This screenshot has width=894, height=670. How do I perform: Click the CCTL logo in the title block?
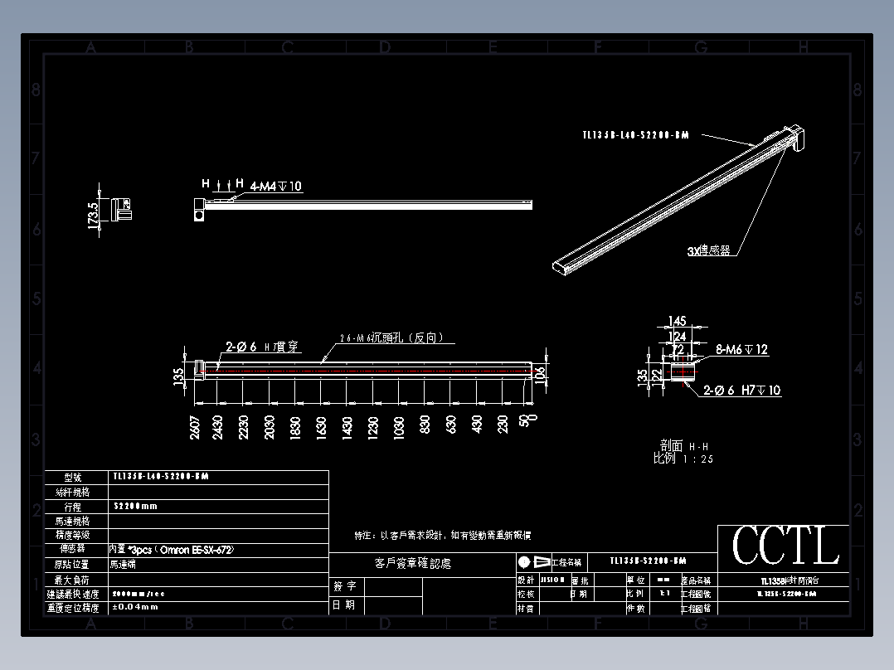click(x=785, y=546)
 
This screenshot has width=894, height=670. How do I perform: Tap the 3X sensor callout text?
click(x=708, y=250)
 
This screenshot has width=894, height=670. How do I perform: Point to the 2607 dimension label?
click(x=194, y=427)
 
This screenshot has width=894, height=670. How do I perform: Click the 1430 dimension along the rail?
click(x=348, y=427)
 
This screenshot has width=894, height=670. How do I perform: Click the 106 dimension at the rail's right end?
click(x=541, y=375)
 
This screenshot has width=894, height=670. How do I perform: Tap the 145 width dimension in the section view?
click(x=678, y=322)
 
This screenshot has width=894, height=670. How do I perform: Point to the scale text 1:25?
click(x=697, y=459)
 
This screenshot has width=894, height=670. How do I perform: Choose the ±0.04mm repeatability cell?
click(x=136, y=608)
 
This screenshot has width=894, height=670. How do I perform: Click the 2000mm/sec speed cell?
click(x=138, y=594)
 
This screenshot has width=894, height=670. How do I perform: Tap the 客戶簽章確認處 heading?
click(x=413, y=564)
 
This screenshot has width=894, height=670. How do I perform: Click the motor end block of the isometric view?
click(x=794, y=137)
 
